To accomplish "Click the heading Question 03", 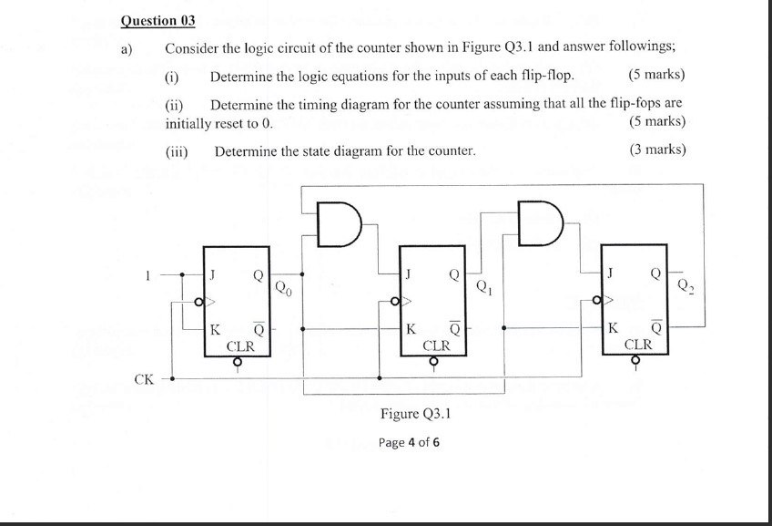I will pos(158,20).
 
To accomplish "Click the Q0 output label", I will pos(284,290).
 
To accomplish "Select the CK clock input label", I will pos(143,377).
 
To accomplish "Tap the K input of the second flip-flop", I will pos(411,328).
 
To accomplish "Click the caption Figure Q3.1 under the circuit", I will pos(416,414).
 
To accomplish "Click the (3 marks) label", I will pos(656,150).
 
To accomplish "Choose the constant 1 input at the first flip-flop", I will pos(144,273).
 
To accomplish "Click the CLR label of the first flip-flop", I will pos(239,346).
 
